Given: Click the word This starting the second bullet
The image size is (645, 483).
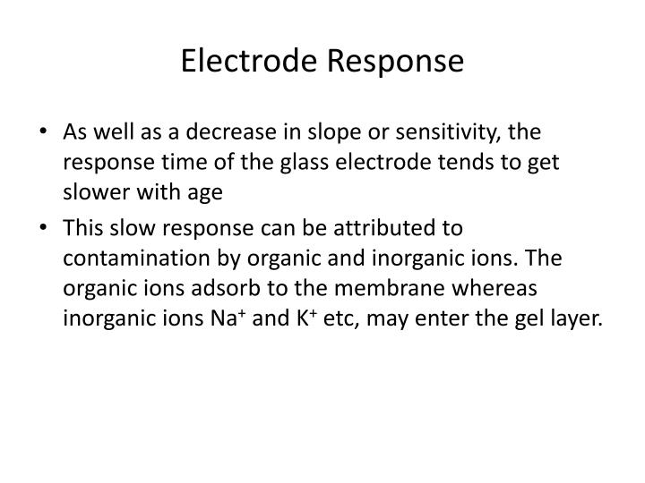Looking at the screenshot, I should [83, 230].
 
